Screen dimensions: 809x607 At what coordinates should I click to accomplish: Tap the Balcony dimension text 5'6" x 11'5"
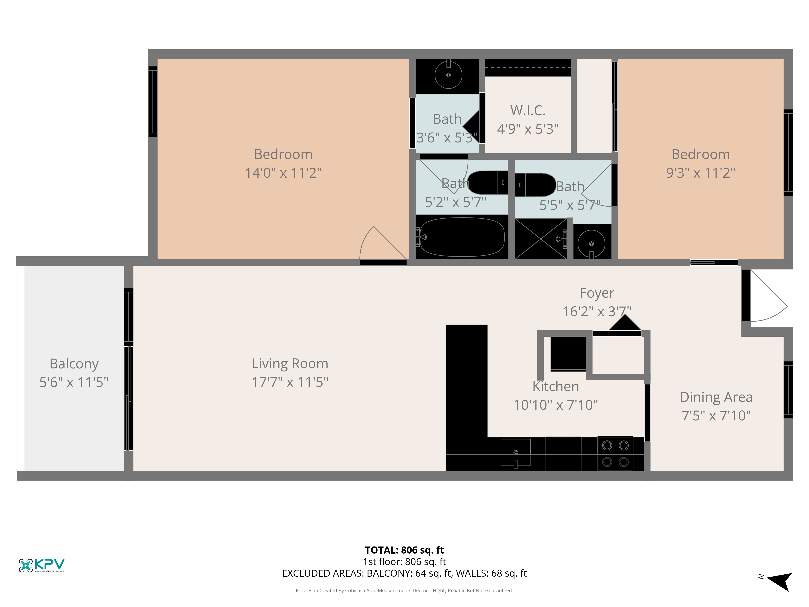[74, 382]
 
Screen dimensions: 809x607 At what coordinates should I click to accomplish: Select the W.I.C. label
[528, 110]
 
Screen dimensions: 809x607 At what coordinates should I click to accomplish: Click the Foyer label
[597, 293]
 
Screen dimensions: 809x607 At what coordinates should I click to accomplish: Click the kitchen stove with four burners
[615, 453]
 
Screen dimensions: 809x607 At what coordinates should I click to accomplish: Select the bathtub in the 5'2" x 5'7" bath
[462, 237]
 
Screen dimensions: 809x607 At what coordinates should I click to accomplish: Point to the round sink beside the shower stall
[591, 244]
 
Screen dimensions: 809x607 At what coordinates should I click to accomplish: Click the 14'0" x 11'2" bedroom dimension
[283, 173]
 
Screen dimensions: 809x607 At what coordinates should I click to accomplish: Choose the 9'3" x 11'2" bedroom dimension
[700, 173]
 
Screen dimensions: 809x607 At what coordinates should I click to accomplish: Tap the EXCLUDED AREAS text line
[404, 573]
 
